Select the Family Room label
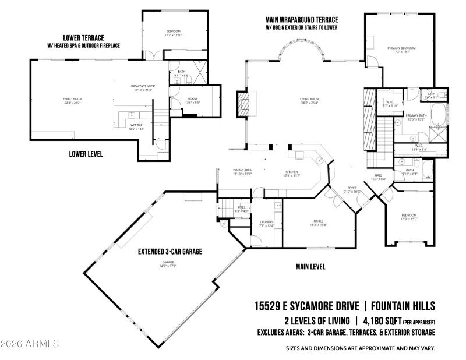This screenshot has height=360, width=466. [73, 100]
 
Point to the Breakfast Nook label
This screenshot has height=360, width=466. [143, 87]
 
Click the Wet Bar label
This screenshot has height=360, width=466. [135, 128]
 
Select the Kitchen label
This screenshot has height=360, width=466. [292, 173]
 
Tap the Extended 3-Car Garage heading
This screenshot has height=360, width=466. [170, 252]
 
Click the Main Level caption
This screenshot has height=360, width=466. [310, 267]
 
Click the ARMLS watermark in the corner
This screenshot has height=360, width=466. [30, 344]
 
